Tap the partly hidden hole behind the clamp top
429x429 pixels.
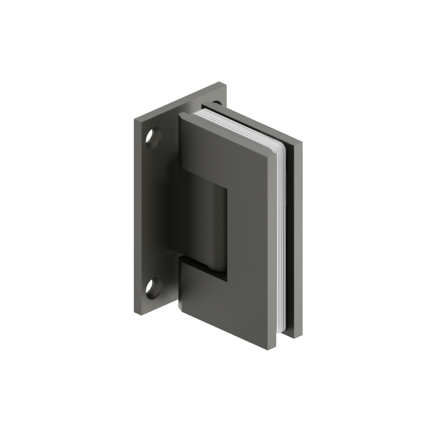(x=217, y=103)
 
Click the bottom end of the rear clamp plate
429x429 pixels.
(x=296, y=335)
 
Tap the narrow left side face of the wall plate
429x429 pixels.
(x=136, y=214)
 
